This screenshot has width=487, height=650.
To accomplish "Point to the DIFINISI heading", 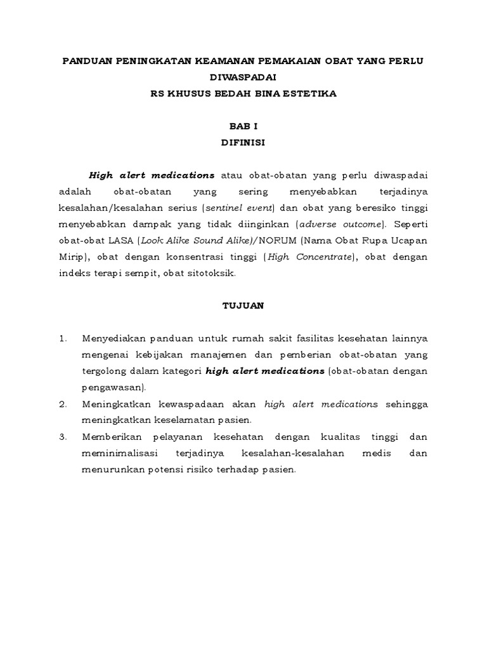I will tap(243, 143).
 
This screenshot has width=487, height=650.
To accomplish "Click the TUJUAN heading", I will tap(243, 305).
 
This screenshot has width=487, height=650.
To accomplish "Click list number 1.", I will tap(62, 338).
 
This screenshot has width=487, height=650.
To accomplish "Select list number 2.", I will tap(62, 404).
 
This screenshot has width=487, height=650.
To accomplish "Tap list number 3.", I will tap(62, 437).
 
